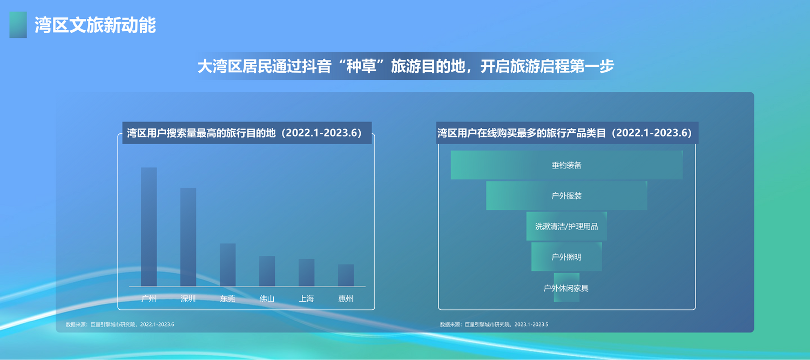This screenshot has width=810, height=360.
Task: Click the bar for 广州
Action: tap(148, 227)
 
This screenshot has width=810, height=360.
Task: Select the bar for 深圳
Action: tap(188, 237)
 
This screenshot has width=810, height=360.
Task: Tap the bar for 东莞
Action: tap(227, 264)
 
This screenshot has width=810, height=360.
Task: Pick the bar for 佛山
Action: tap(267, 271)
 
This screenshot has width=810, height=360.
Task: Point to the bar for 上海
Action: tap(306, 273)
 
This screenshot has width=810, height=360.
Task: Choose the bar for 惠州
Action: tap(346, 275)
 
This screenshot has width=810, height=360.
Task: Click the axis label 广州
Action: tap(148, 298)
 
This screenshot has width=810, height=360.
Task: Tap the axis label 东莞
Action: tap(227, 298)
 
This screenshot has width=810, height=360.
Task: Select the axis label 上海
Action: tap(306, 298)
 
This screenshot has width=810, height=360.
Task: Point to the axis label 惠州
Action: tap(346, 298)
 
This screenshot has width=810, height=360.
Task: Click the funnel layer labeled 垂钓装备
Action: tap(566, 165)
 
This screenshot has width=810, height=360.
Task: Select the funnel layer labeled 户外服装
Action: tap(566, 195)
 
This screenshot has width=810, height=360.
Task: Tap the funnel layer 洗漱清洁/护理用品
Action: tap(566, 226)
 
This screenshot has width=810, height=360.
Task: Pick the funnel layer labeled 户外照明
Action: tap(566, 256)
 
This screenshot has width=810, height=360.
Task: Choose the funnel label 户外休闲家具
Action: tap(566, 288)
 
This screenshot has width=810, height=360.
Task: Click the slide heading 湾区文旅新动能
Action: tap(95, 25)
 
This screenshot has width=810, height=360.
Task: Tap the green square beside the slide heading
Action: tap(18, 25)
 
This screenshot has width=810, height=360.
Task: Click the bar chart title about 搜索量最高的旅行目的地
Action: tap(245, 133)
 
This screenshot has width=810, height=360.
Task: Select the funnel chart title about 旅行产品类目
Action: tap(564, 133)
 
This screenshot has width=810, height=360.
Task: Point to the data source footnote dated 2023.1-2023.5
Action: tap(494, 324)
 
